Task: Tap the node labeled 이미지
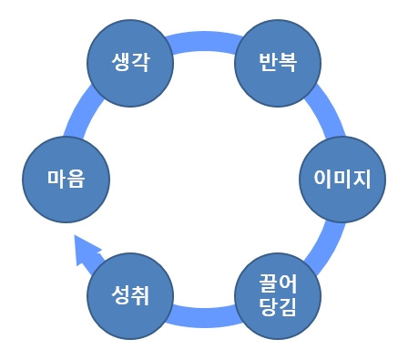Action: tap(337, 178)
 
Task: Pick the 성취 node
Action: tap(129, 294)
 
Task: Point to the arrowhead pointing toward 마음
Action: tap(85, 249)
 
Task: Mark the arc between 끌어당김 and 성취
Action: tap(203, 318)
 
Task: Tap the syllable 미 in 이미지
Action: tap(337, 178)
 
